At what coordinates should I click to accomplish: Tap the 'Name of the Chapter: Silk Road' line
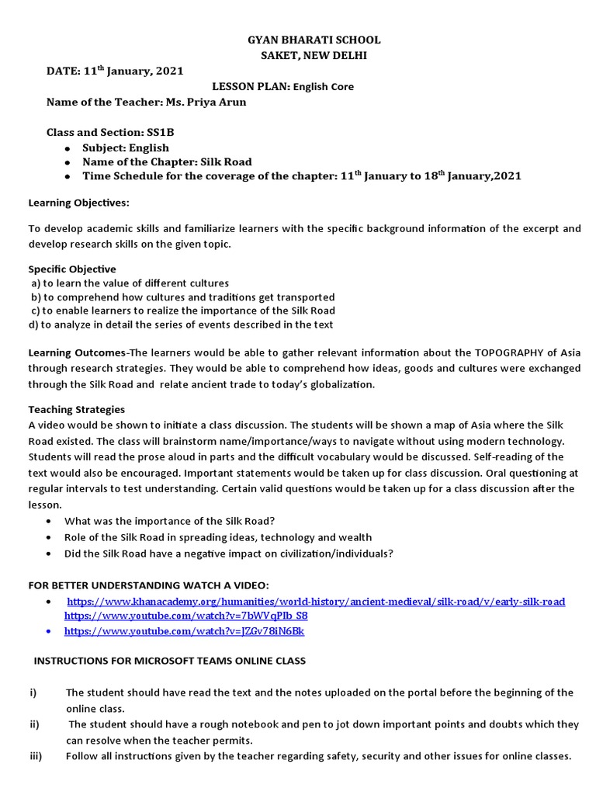(167, 161)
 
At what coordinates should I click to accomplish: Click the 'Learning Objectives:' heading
(79, 203)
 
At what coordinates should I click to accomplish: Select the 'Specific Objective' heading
(72, 269)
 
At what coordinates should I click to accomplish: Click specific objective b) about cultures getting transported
(182, 297)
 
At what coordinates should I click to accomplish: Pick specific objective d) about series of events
(181, 325)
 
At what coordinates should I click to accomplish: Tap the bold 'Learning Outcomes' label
(76, 353)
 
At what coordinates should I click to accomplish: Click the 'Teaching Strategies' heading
(76, 409)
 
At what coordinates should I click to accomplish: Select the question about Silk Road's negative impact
(229, 554)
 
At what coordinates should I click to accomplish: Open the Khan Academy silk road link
(316, 602)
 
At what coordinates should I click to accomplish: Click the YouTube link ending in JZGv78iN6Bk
(184, 631)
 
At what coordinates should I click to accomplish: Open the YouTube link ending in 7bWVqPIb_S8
(185, 616)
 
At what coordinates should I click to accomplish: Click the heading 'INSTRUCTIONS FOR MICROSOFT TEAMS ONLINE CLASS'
(169, 661)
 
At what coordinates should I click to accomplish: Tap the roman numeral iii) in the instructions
(35, 755)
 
